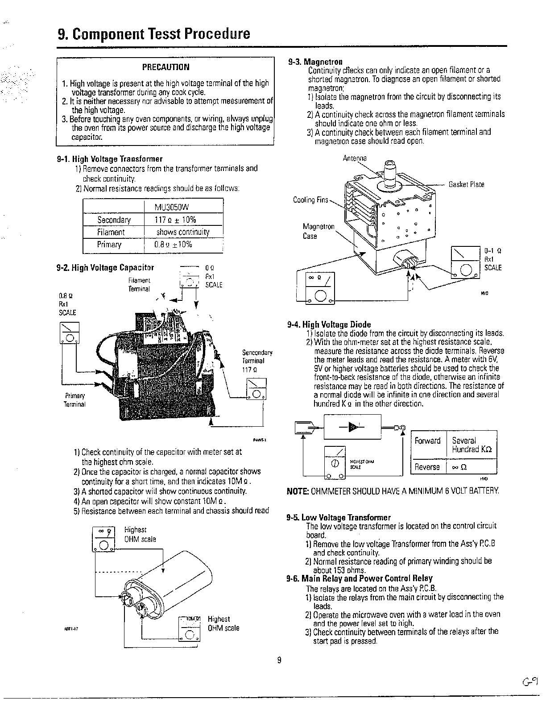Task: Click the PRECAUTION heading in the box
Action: coord(165,67)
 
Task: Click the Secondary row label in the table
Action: coord(114,220)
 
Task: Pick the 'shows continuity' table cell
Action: coord(182,232)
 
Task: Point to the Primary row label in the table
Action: coord(109,245)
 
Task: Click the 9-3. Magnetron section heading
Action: coord(315,62)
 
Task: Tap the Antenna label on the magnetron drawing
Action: coord(355,158)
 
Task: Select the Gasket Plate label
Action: coord(466,184)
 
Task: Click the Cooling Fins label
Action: coord(310,200)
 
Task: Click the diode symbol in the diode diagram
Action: coord(353,427)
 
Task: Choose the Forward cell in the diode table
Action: coord(427,441)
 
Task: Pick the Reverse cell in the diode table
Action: coord(427,467)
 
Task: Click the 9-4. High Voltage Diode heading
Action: coord(329,324)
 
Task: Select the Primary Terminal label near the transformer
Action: coord(74,400)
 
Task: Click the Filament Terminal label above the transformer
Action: coord(139,284)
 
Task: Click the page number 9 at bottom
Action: coord(279,661)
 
